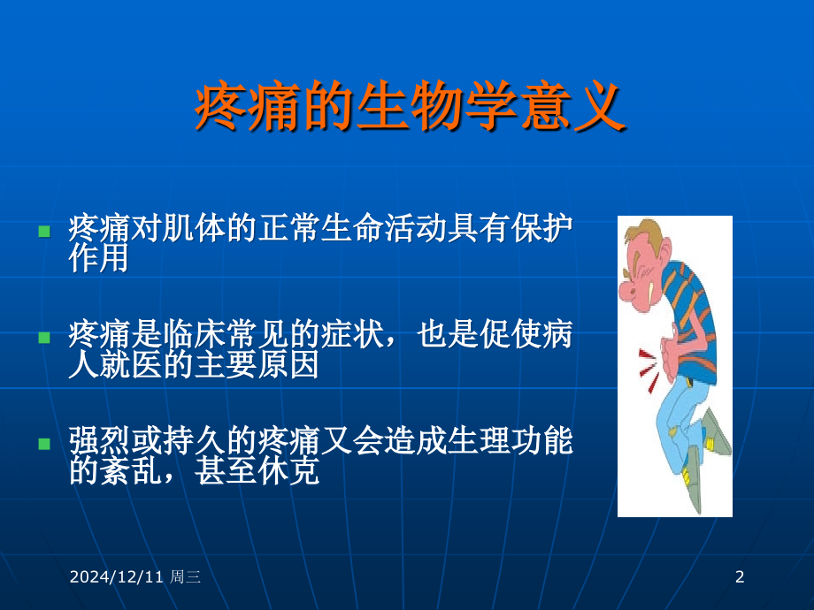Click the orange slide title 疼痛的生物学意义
click(411, 107)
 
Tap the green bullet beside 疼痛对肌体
click(44, 231)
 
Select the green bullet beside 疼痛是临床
click(44, 338)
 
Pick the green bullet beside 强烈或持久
click(44, 444)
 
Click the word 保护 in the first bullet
click(541, 227)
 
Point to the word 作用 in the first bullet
click(98, 258)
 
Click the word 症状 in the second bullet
click(352, 333)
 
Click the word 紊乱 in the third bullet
click(131, 470)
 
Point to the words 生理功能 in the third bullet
click(510, 440)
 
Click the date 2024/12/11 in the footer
click(116, 576)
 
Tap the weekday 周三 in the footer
click(185, 576)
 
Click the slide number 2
click(740, 576)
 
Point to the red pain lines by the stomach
click(649, 370)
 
